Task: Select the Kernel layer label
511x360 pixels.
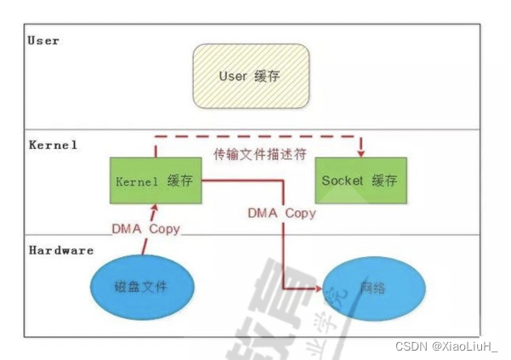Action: pos(53,145)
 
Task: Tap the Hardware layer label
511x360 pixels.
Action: pos(61,250)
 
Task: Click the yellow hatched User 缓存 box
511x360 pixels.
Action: pos(249,77)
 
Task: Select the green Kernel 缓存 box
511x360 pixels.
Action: pos(154,180)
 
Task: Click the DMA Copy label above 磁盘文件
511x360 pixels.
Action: pos(145,229)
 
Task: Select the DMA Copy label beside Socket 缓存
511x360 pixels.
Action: pos(281,213)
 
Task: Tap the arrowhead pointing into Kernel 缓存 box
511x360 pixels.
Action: pos(154,207)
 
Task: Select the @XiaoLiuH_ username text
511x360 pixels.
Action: pos(466,346)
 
